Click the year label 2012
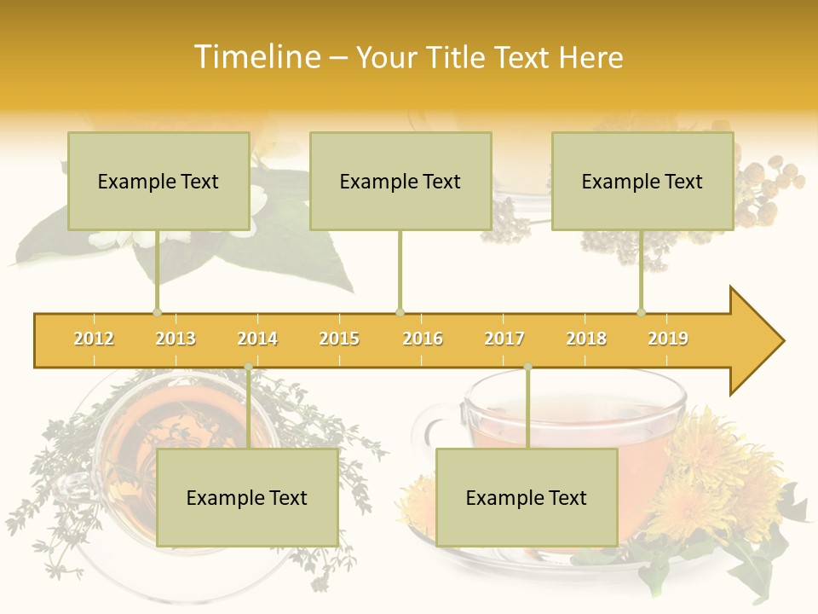(x=94, y=339)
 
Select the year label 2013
(x=176, y=339)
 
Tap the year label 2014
(x=257, y=339)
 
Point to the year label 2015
(x=339, y=339)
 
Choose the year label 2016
(x=423, y=339)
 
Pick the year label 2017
(x=504, y=339)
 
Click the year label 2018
(x=586, y=339)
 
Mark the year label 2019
(x=668, y=339)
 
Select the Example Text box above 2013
(x=158, y=181)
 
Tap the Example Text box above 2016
(x=400, y=181)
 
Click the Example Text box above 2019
(x=642, y=181)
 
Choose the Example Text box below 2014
(x=247, y=497)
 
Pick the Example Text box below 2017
(x=527, y=497)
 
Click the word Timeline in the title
(x=256, y=57)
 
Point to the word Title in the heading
(x=458, y=57)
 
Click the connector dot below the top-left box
(x=157, y=312)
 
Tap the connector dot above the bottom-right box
(x=527, y=367)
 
